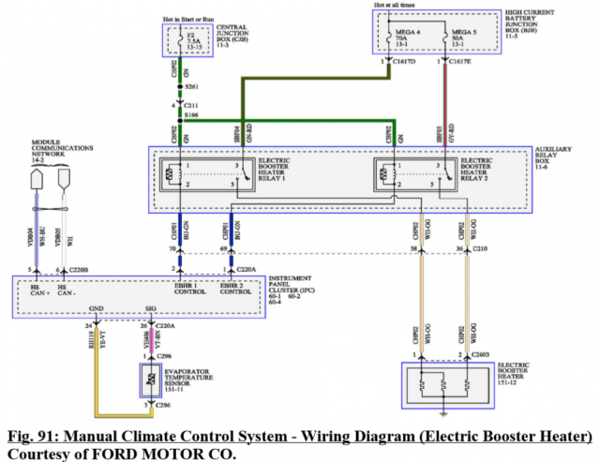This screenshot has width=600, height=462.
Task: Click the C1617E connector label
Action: click(x=459, y=62)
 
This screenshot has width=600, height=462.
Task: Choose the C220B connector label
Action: click(x=78, y=270)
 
